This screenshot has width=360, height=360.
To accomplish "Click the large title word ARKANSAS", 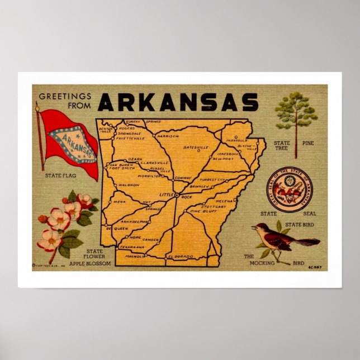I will click(178, 102).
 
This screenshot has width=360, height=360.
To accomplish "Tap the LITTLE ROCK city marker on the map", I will click(176, 196).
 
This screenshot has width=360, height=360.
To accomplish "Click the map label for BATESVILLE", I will click(196, 148).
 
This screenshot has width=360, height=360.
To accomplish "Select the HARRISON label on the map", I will click(167, 136).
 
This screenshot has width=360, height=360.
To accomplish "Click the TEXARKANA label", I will click(132, 247).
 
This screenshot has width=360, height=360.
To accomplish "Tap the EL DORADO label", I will click(180, 257).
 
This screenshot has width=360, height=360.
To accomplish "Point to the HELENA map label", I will click(224, 201).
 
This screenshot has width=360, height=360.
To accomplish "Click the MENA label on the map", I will click(120, 201).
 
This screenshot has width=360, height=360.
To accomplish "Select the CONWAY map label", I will click(183, 178).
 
